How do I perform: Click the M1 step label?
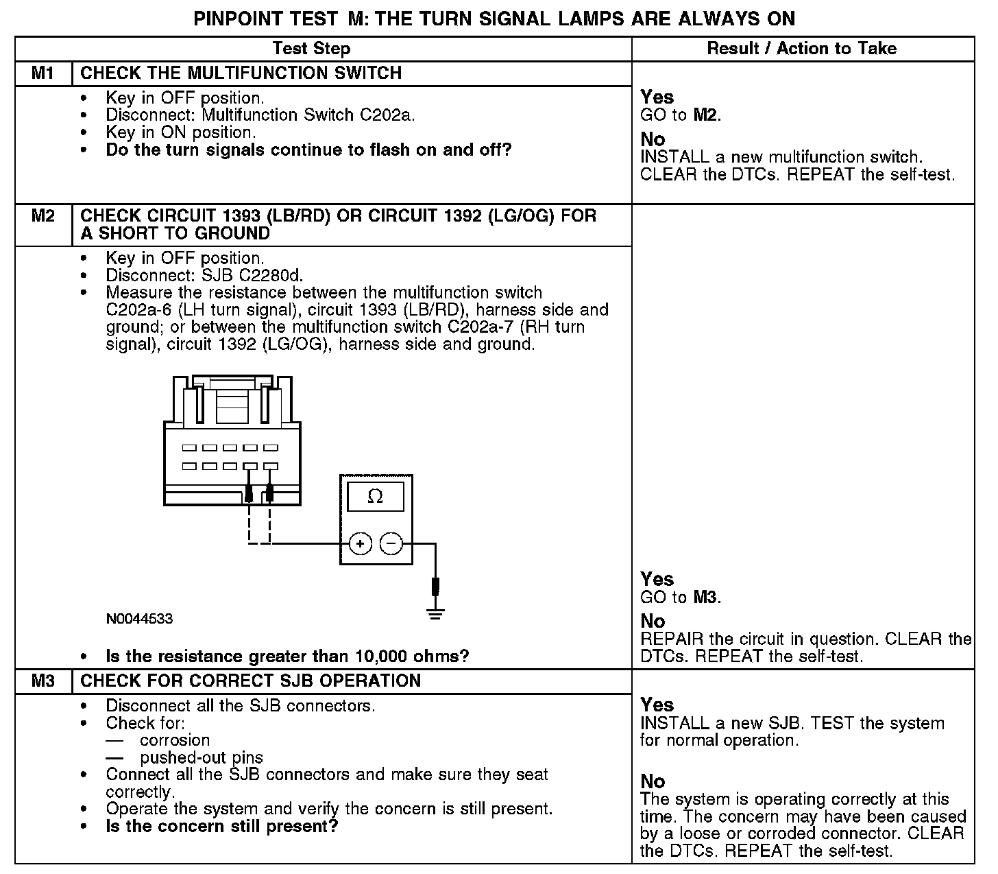42,73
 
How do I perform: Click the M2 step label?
42,216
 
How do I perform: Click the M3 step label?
42,681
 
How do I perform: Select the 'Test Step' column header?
311,49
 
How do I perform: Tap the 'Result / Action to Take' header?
801,49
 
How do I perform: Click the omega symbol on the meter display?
375,497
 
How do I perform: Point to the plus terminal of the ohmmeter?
361,544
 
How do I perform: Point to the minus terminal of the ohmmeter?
391,544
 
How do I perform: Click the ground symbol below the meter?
435,612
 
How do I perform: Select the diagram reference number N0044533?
139,619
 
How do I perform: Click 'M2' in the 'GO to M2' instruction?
706,115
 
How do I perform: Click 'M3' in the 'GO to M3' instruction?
706,597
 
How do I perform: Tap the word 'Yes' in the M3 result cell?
657,705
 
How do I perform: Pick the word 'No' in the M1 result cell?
653,139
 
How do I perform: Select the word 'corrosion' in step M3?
175,740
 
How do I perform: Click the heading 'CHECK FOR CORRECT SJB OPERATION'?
251,681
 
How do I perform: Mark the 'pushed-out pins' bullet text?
202,758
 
